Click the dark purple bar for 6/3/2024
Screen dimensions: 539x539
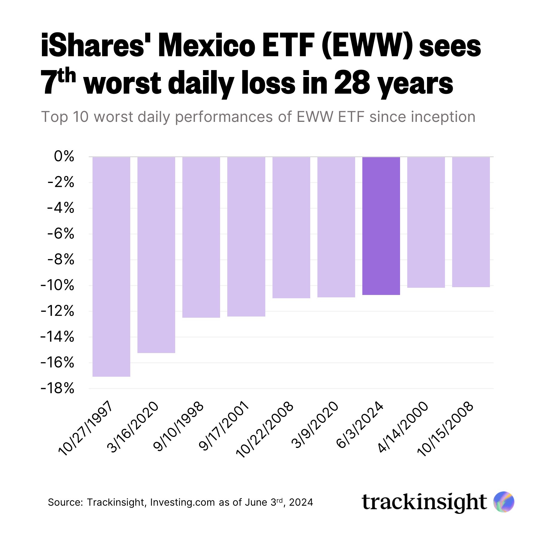click(x=381, y=226)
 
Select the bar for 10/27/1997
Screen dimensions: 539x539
click(x=111, y=267)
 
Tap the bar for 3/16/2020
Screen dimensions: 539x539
click(x=156, y=255)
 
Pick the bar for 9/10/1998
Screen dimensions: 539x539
click(x=201, y=237)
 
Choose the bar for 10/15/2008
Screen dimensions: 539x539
click(x=471, y=222)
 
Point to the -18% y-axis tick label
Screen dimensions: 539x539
click(x=57, y=389)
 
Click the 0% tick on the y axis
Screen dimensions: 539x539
click(x=64, y=156)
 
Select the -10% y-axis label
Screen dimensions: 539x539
click(x=57, y=285)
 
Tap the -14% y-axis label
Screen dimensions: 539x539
click(x=57, y=337)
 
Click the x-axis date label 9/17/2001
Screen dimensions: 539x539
click(x=224, y=426)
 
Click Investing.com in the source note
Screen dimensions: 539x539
click(x=182, y=502)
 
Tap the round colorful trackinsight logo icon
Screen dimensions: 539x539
click(x=504, y=502)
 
